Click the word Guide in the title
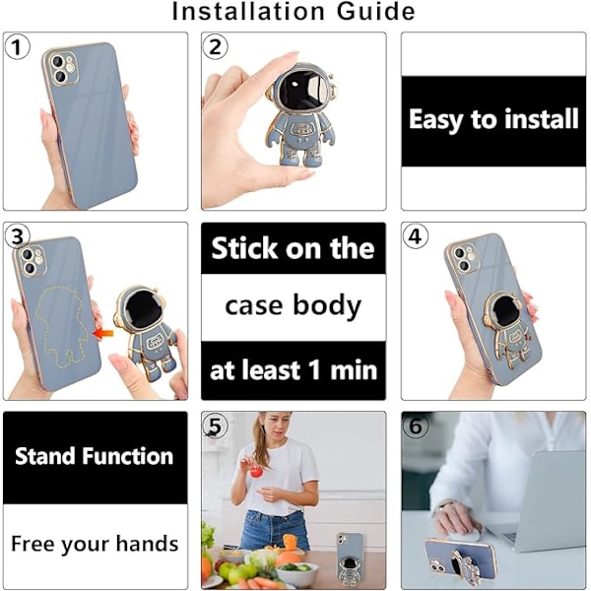376,11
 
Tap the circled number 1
16,46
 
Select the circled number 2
215,47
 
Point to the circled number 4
415,236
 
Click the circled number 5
215,427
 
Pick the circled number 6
416,427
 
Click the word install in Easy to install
541,119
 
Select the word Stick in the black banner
244,248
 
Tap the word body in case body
327,306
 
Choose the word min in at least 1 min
354,370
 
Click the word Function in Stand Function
128,456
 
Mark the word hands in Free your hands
147,544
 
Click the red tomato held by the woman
257,472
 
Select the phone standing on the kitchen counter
350,558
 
